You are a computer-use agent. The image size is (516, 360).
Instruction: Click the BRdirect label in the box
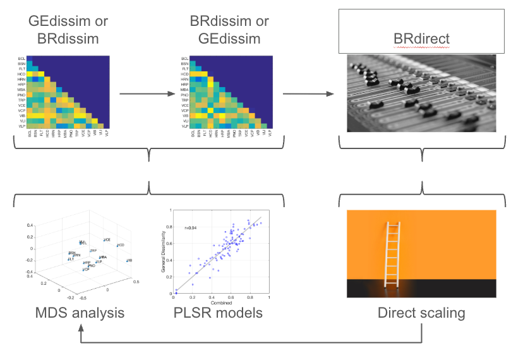pyautogui.click(x=421, y=39)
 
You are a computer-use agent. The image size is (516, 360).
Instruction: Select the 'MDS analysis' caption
pyautogui.click(x=79, y=313)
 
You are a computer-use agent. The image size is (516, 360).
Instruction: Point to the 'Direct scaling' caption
pyautogui.click(x=421, y=313)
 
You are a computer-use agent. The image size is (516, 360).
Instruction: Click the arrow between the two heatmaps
pyautogui.click(x=147, y=93)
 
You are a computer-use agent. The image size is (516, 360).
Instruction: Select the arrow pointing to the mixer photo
pyautogui.click(x=309, y=93)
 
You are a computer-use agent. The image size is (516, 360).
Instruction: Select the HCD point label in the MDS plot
pyautogui.click(x=121, y=245)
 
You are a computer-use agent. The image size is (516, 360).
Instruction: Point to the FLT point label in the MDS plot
pyautogui.click(x=71, y=259)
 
